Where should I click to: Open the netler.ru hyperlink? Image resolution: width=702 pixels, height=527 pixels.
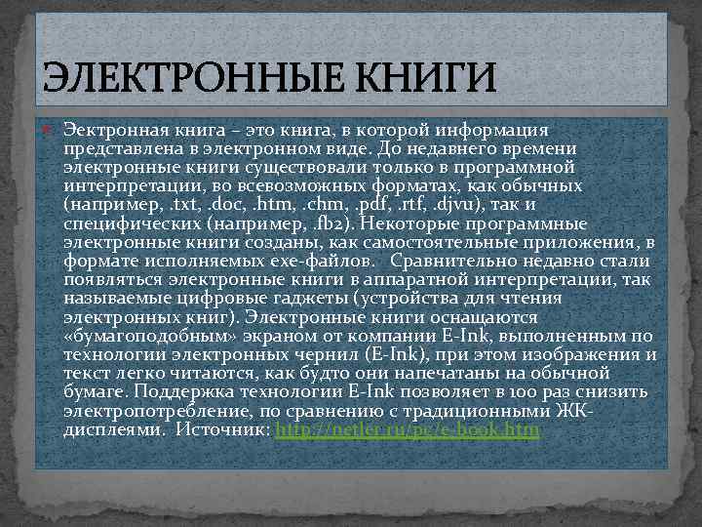408,428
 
